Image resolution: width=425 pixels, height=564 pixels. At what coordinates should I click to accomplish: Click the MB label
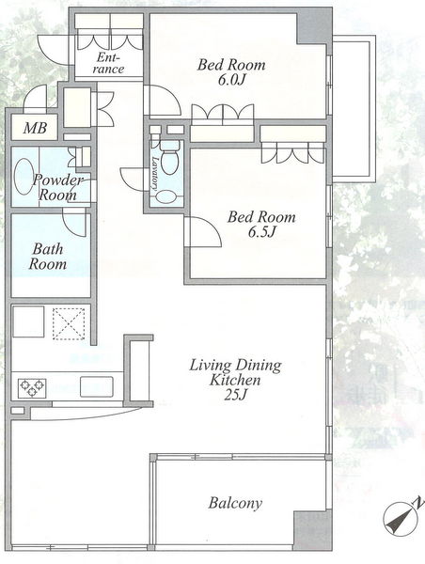click(x=35, y=128)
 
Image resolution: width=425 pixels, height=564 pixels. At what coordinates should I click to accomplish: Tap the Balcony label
click(x=235, y=503)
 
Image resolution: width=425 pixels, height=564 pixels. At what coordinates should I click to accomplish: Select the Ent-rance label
click(x=108, y=63)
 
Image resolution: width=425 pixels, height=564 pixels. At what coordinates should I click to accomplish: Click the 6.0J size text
click(x=231, y=80)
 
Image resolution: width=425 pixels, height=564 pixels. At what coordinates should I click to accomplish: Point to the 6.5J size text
click(x=261, y=232)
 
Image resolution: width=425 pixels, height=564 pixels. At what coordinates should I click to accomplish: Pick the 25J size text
click(x=235, y=395)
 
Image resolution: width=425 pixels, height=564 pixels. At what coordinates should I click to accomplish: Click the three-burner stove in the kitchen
click(x=32, y=387)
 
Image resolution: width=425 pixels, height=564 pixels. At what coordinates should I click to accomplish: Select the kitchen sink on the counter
click(x=97, y=386)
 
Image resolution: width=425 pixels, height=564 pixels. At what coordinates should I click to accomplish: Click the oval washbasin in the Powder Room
click(x=24, y=177)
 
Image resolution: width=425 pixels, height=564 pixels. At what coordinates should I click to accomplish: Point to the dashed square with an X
click(x=69, y=323)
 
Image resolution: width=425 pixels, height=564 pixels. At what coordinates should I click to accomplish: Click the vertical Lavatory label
click(x=155, y=173)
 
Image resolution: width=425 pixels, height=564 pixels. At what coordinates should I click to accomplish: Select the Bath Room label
click(x=48, y=257)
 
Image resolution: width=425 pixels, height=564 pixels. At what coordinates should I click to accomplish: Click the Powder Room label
click(x=57, y=187)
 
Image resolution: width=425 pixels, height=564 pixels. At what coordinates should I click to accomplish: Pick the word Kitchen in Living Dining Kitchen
click(x=235, y=380)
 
